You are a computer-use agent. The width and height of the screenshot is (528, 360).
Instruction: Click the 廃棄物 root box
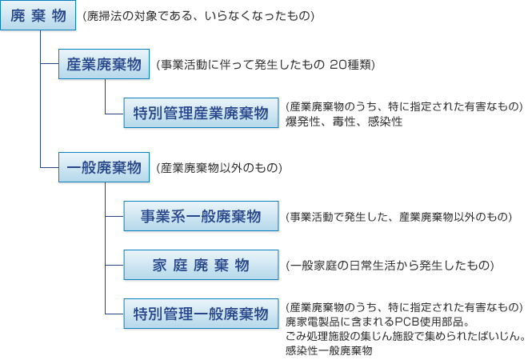click(38, 15)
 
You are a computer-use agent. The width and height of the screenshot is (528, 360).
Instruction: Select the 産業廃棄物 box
click(104, 64)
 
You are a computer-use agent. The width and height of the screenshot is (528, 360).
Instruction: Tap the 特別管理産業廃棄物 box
click(201, 113)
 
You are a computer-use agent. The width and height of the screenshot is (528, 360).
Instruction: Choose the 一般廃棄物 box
click(104, 167)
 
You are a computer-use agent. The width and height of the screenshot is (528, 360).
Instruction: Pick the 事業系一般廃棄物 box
click(201, 216)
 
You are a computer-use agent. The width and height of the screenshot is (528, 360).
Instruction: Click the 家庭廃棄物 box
click(201, 265)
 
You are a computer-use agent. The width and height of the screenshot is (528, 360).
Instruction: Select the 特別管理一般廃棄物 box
click(201, 314)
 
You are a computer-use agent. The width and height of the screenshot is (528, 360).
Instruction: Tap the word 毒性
click(344, 122)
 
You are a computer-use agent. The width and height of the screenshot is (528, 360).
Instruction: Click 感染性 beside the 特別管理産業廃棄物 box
click(385, 122)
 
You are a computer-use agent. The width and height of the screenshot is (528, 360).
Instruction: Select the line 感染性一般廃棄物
click(329, 350)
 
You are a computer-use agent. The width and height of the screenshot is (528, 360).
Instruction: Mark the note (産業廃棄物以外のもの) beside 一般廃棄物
click(219, 168)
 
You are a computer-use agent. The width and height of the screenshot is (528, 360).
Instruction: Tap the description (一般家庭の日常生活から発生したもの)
click(390, 266)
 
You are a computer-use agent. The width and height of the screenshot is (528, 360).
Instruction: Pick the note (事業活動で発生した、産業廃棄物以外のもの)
click(398, 217)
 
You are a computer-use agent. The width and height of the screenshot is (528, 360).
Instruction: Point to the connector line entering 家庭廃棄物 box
click(114, 265)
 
